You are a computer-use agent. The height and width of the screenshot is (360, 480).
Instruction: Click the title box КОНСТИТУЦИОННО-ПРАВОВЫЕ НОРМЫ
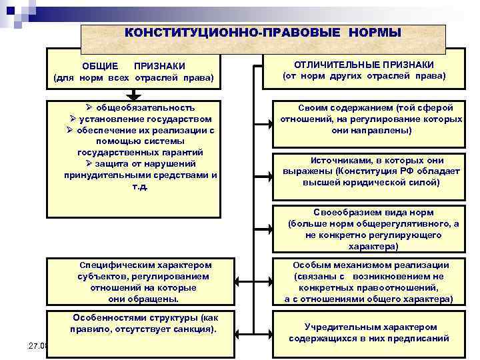pyautogui.click(x=263, y=33)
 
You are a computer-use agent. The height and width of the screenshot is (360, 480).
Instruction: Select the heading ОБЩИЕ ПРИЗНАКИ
pyautogui.click(x=133, y=66)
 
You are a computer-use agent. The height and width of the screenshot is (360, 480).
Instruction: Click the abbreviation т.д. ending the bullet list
pyautogui.click(x=140, y=187)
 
